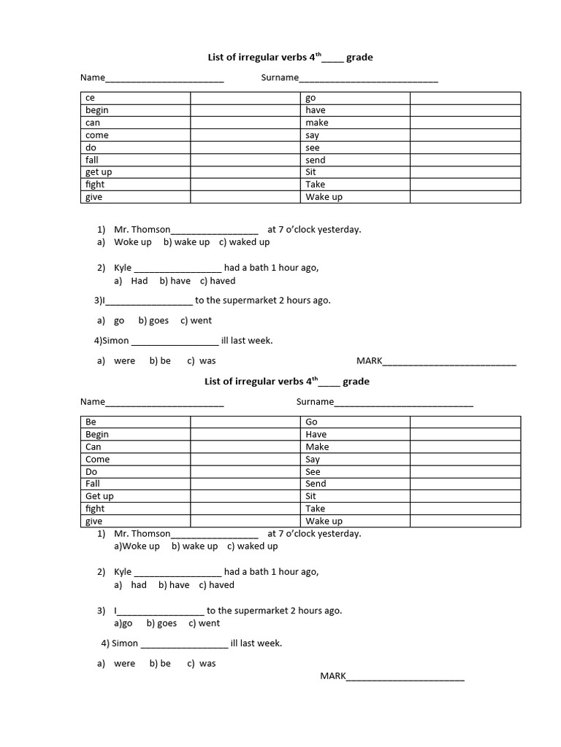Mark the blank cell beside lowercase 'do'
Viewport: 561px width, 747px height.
[245, 147]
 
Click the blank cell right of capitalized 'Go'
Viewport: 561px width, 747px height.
[465, 422]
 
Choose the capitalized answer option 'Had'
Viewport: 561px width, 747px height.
[140, 281]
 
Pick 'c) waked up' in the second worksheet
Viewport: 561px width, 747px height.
[253, 546]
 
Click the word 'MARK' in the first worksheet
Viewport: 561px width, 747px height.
[369, 360]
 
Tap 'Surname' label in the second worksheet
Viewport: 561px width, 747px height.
[315, 401]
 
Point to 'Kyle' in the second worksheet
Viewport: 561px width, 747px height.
[123, 572]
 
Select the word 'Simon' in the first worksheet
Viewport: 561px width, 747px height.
[116, 341]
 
